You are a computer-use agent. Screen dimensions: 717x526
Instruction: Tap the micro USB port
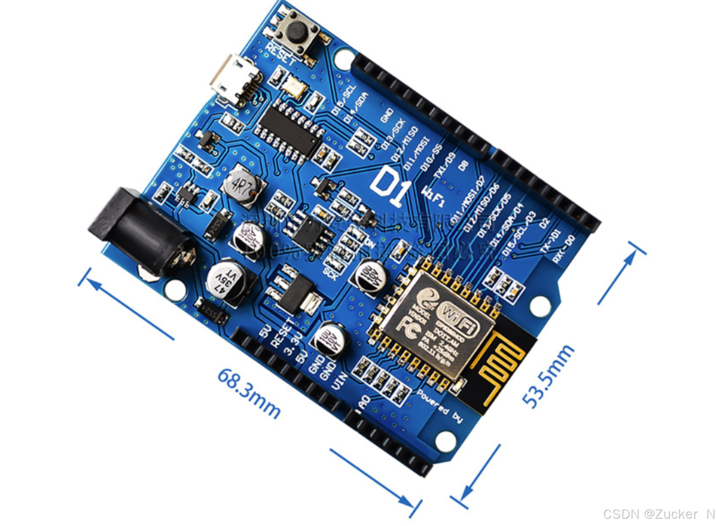[x=234, y=80]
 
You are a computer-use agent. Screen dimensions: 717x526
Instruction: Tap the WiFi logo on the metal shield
[x=460, y=318]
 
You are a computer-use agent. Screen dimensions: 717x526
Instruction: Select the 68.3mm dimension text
[x=249, y=392]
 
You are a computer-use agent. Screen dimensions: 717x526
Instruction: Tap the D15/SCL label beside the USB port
[x=344, y=100]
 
